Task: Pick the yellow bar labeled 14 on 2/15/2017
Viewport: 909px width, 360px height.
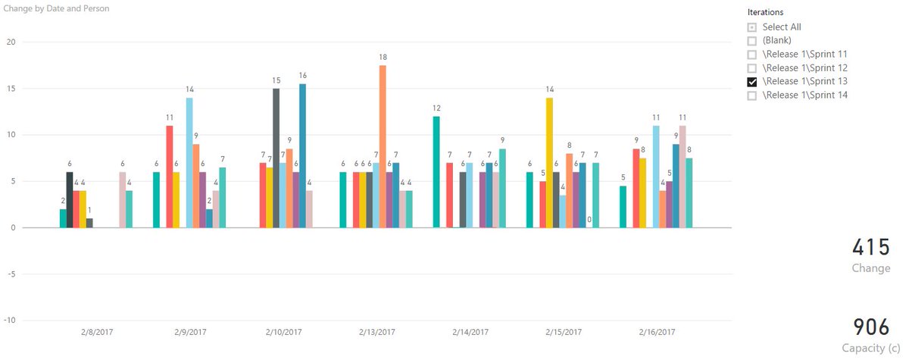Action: point(549,162)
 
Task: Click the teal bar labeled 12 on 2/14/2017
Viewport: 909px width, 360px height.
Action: point(436,171)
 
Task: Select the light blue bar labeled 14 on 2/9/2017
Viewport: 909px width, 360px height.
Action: point(189,162)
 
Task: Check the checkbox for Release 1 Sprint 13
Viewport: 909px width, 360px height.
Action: point(752,82)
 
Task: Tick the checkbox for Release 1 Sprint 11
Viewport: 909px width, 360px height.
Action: point(752,55)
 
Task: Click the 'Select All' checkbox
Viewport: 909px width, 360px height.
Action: point(752,27)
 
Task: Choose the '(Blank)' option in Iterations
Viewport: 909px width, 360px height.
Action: point(752,41)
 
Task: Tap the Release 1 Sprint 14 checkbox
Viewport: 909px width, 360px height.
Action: point(752,95)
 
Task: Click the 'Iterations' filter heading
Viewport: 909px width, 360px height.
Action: point(765,13)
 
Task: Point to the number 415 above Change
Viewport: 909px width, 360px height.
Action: point(871,248)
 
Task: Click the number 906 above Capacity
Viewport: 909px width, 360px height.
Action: point(871,327)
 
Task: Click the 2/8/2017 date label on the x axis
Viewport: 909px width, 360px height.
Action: point(96,332)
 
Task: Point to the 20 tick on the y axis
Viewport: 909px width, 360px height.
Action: point(11,42)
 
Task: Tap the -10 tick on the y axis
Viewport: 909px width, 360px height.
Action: point(10,320)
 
